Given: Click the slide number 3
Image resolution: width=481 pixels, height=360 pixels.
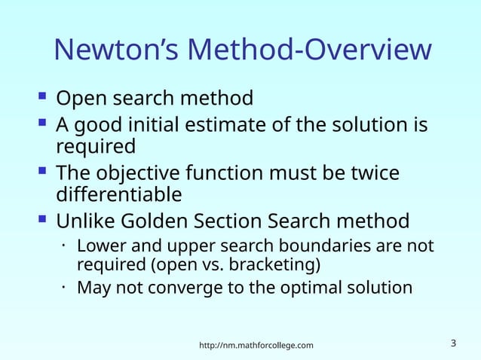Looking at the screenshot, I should click(453, 343).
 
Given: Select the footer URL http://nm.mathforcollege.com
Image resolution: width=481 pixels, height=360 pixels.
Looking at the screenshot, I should click(256, 345).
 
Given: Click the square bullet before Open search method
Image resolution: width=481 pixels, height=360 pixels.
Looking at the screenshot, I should click(41, 97).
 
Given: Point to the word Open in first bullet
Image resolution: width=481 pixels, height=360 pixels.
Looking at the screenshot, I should click(79, 99).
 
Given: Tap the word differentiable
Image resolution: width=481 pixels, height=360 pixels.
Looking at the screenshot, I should click(119, 194).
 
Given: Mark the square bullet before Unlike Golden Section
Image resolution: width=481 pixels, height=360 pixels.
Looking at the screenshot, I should click(41, 221).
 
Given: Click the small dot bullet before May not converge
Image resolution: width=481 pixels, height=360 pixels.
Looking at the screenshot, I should click(66, 287).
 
